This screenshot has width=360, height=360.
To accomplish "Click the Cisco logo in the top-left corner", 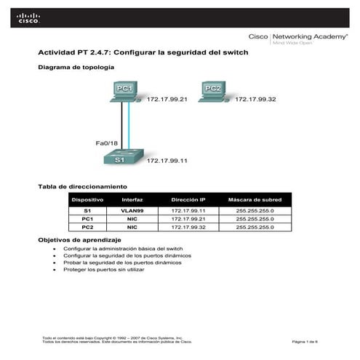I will point(29,18).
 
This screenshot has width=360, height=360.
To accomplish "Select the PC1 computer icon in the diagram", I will point(125,90).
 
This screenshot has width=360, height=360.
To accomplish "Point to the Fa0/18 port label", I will point(107,143).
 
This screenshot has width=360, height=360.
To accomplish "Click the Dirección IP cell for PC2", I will point(188,227).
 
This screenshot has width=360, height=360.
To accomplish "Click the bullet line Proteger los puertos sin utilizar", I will point(104,270).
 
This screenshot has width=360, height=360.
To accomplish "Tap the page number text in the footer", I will point(300,342).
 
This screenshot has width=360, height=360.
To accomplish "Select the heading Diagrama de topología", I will point(76,67).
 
